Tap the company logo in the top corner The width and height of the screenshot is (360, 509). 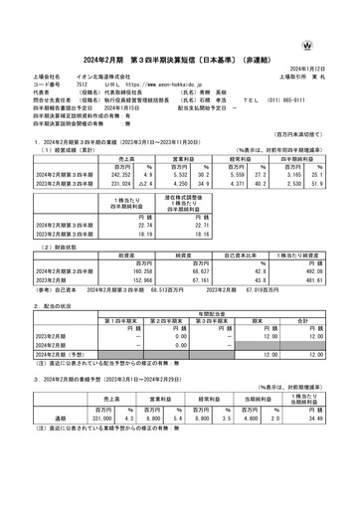(338, 19)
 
